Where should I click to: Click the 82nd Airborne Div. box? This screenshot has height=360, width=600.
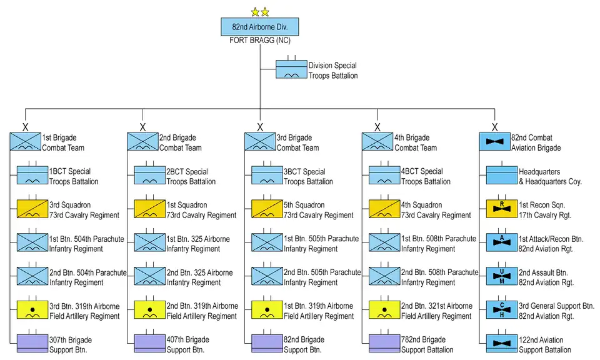click(x=259, y=27)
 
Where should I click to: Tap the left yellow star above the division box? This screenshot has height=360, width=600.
click(x=254, y=12)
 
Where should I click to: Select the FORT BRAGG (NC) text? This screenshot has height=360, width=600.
click(x=259, y=41)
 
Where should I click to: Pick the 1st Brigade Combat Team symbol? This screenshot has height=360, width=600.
click(x=25, y=142)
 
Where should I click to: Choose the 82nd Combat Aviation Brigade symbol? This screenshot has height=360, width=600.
click(x=494, y=142)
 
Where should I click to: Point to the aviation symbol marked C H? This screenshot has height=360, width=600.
click(x=502, y=310)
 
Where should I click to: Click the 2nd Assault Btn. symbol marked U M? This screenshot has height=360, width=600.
click(x=502, y=276)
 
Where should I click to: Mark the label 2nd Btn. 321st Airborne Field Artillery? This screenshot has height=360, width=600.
click(x=437, y=311)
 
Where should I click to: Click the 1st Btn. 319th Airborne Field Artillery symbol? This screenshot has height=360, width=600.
click(x=267, y=310)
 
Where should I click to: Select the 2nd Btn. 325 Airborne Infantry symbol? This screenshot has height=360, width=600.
click(x=150, y=276)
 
